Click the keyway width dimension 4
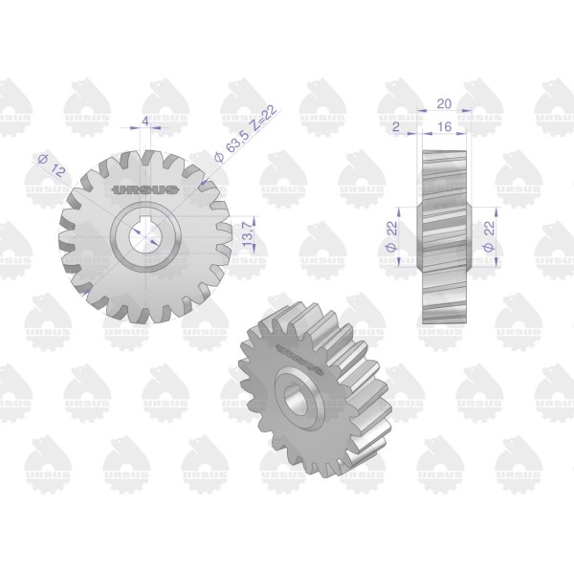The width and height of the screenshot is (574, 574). [145, 121]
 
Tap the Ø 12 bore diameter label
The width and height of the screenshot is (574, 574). [53, 166]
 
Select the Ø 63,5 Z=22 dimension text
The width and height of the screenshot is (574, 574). [247, 136]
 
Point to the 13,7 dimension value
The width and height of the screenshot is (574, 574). [248, 233]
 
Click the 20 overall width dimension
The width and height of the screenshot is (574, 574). [444, 104]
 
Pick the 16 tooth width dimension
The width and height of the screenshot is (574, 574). [445, 126]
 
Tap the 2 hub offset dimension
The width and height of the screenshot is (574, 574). [396, 126]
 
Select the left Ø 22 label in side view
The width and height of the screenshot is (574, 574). [391, 236]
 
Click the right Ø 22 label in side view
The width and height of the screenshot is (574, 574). [489, 236]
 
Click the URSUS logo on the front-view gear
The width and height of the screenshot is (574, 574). [145, 189]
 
